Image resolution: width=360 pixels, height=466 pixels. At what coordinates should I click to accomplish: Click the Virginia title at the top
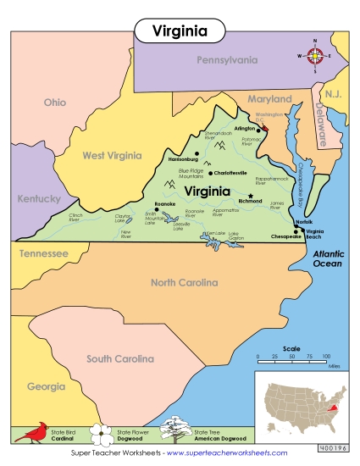point(180,31)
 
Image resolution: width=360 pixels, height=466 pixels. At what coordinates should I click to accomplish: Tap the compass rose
point(315,57)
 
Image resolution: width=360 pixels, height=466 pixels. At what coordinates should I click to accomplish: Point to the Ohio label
point(54,103)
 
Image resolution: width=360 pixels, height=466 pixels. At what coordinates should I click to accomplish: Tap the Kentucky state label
point(39,199)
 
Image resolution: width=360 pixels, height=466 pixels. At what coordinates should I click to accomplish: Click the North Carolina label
point(191,282)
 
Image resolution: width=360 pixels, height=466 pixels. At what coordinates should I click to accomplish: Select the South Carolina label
point(125,358)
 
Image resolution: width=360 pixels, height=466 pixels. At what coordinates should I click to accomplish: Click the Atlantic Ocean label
point(327,259)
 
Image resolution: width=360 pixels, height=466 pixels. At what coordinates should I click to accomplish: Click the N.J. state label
point(330,92)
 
